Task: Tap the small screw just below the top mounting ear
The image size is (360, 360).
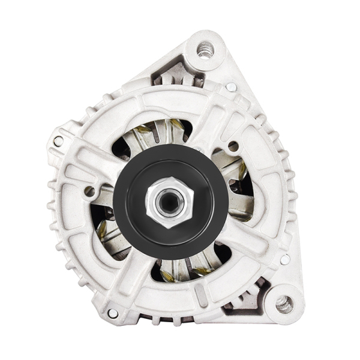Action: tap(230, 88)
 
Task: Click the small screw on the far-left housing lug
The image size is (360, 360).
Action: tap(59, 141)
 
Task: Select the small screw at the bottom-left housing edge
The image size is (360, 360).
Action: tap(112, 313)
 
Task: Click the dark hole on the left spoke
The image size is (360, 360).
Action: tap(90, 191)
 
